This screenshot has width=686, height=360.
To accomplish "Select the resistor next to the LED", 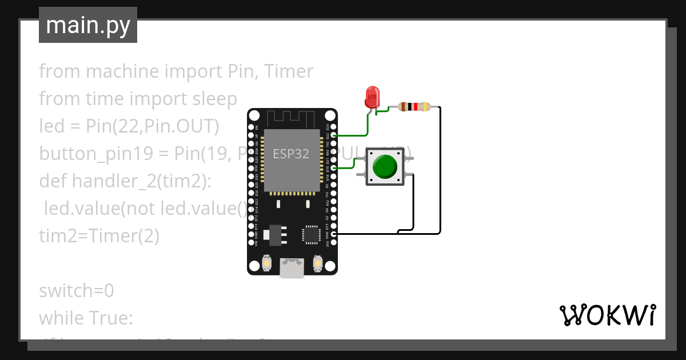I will pyautogui.click(x=414, y=107).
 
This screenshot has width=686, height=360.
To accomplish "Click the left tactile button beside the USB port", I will pyautogui.click(x=266, y=264).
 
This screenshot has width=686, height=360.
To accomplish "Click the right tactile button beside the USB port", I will pyautogui.click(x=318, y=264).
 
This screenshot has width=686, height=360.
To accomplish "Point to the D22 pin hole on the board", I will pyautogui.click(x=334, y=136).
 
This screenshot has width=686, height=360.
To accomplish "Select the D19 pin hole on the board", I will pyautogui.click(x=334, y=168).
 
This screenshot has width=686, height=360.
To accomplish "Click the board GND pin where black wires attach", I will pyautogui.click(x=334, y=234).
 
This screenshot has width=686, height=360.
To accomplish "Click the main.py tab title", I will pyautogui.click(x=88, y=25).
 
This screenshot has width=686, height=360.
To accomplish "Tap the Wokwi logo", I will pyautogui.click(x=607, y=315).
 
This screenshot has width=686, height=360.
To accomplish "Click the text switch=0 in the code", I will pyautogui.click(x=77, y=291).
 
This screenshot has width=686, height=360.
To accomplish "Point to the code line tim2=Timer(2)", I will pyautogui.click(x=99, y=236).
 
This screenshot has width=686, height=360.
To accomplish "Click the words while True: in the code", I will pyautogui.click(x=86, y=318).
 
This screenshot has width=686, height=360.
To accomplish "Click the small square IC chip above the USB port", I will pyautogui.click(x=312, y=234).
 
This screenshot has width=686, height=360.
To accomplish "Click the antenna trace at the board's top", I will pyautogui.click(x=292, y=119).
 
